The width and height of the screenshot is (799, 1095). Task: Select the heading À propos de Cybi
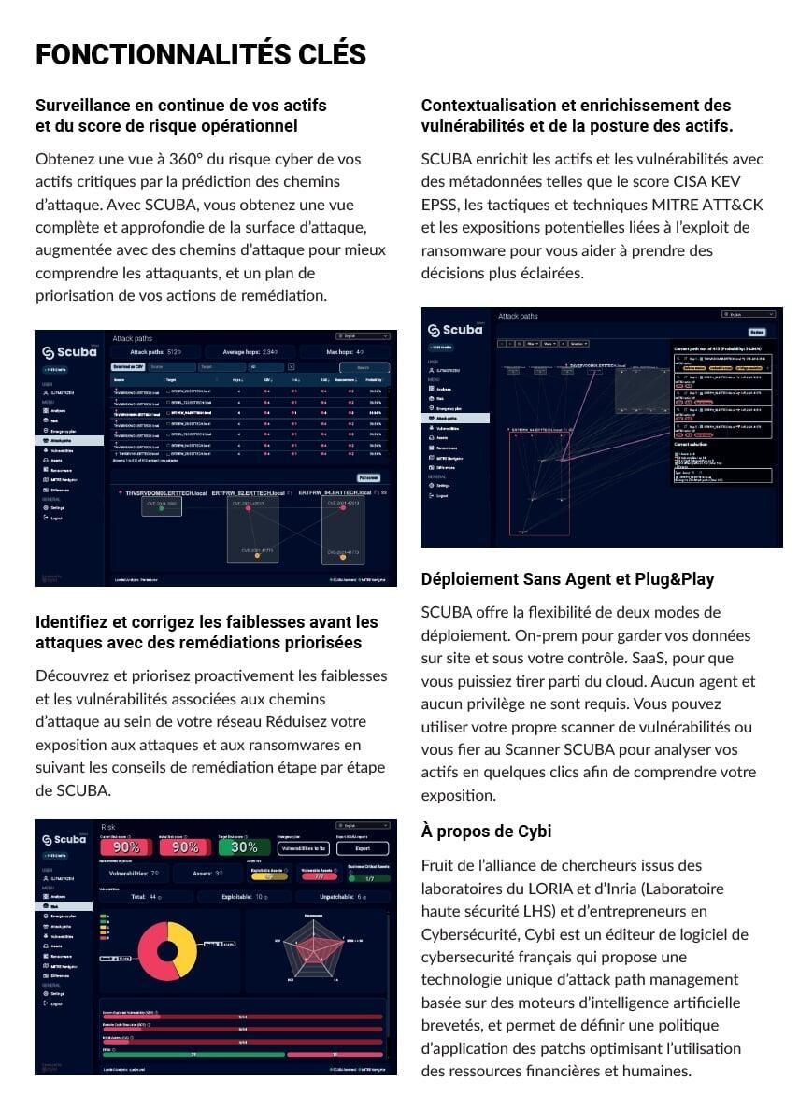tap(486, 831)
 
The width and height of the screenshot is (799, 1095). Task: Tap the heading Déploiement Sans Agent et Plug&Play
tap(567, 579)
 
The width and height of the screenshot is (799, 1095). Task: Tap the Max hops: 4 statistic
tap(345, 352)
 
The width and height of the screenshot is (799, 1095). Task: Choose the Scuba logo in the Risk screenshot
tap(69, 840)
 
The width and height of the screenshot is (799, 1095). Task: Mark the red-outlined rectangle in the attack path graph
tap(539, 482)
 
